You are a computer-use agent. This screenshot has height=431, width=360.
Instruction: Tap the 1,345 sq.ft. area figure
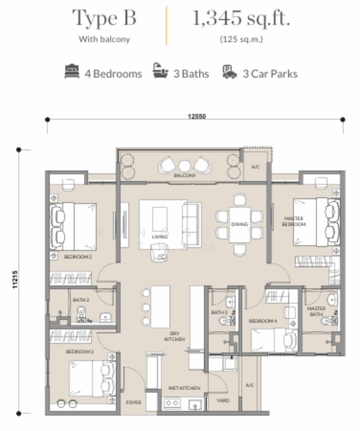click(241, 18)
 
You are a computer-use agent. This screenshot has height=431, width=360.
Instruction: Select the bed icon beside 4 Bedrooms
click(73, 73)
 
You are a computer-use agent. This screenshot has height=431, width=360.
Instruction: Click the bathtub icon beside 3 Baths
click(158, 73)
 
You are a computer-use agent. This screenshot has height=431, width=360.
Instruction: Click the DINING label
click(239, 225)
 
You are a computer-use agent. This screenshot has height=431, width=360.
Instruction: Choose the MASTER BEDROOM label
click(295, 221)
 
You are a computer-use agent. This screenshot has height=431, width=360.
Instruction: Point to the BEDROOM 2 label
click(77, 256)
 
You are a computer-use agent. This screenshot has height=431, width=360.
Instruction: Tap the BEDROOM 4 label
click(261, 322)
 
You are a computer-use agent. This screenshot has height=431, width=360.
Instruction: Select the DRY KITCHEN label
click(174, 335)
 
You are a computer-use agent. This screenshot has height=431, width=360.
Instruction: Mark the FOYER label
click(134, 403)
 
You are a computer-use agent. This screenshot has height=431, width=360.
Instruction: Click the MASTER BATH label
click(316, 311)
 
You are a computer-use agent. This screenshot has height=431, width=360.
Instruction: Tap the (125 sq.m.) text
click(241, 40)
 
